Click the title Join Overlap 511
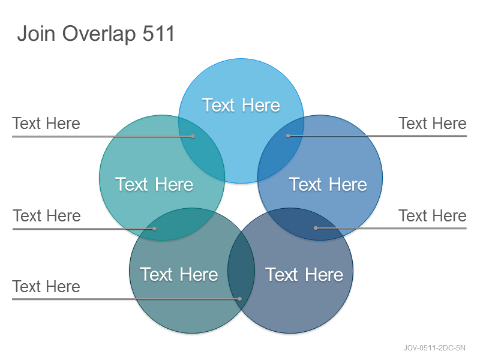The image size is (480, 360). tap(96, 34)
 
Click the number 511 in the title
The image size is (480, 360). tap(158, 33)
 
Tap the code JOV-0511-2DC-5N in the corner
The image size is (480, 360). tap(434, 348)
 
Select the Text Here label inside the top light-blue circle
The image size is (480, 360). tap(241, 105)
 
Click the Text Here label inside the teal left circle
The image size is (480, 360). tap(154, 184)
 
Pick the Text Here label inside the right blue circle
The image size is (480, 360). tap(328, 184)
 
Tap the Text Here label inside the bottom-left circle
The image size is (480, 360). tap(179, 274)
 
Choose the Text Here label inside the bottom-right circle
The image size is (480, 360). tap(304, 274)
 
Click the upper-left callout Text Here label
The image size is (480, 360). tap(46, 124)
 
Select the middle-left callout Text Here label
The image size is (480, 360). tap(47, 215)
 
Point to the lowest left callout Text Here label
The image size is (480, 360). tap(46, 287)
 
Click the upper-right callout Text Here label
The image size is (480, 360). tap(433, 124)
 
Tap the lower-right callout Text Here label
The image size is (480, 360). tap(433, 215)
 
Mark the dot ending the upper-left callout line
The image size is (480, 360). tap(193, 136)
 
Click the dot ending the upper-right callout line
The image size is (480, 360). tap(288, 136)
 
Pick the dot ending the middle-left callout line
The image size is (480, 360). tap(155, 229)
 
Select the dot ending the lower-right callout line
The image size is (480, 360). tap(316, 228)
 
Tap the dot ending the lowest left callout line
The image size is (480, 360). tap(240, 299)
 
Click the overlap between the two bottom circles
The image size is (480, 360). tap(241, 271)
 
